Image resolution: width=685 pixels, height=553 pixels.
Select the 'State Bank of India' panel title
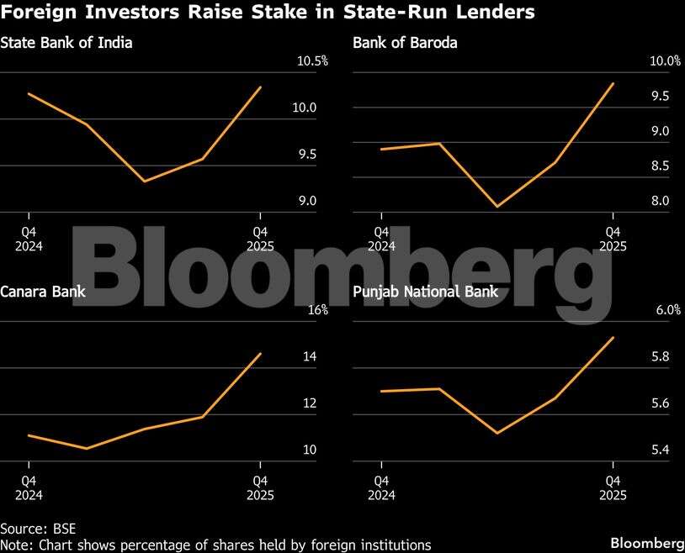click(x=66, y=43)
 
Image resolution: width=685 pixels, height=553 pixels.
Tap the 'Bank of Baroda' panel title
click(x=405, y=43)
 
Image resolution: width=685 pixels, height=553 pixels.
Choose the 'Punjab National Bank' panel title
click(x=425, y=292)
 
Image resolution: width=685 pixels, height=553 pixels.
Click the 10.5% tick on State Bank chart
click(x=300, y=61)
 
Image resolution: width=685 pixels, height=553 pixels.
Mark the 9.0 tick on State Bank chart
click(x=306, y=201)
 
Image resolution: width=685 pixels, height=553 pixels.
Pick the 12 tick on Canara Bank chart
click(x=309, y=403)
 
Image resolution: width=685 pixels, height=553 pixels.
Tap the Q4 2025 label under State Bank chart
click(x=261, y=239)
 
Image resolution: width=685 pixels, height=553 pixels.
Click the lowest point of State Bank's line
click(x=145, y=182)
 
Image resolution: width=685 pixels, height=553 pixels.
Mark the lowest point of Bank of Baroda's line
click(x=497, y=206)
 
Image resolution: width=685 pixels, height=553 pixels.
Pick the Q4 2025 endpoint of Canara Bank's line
click(x=261, y=353)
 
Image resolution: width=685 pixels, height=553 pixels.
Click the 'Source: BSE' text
click(x=37, y=529)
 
